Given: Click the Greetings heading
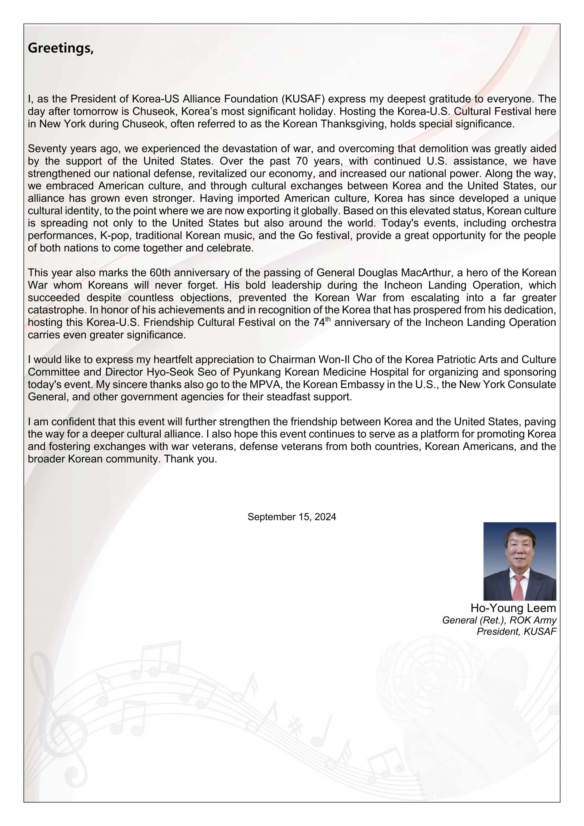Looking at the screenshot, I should [x=60, y=48].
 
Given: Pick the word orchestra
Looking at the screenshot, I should [x=533, y=223].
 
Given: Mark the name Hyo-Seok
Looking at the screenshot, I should [x=171, y=372].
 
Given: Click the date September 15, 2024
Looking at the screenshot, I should [x=291, y=517].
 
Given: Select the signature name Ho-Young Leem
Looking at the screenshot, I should [x=513, y=608].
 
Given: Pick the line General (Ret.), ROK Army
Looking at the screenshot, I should [x=499, y=620].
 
